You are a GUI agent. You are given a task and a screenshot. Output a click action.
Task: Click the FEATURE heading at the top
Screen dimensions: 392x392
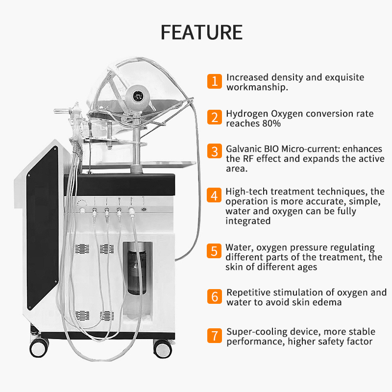click(x=201, y=32)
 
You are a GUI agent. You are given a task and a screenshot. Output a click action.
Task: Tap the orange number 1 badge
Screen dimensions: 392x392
click(x=214, y=81)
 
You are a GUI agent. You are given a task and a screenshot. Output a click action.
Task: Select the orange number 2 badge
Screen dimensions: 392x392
click(x=214, y=118)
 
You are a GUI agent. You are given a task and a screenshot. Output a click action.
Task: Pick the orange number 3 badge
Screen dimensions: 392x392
click(x=214, y=150)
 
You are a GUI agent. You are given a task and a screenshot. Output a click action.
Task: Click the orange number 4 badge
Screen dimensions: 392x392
click(x=214, y=195)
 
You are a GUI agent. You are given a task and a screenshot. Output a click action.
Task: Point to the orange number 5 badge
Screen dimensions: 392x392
click(x=214, y=251)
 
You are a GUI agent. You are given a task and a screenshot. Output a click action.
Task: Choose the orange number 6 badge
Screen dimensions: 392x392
click(x=214, y=296)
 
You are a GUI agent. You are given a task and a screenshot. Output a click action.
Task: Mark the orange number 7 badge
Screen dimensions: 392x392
click(x=214, y=336)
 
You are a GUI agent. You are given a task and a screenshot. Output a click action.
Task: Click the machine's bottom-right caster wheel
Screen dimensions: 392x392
click(x=162, y=347)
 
